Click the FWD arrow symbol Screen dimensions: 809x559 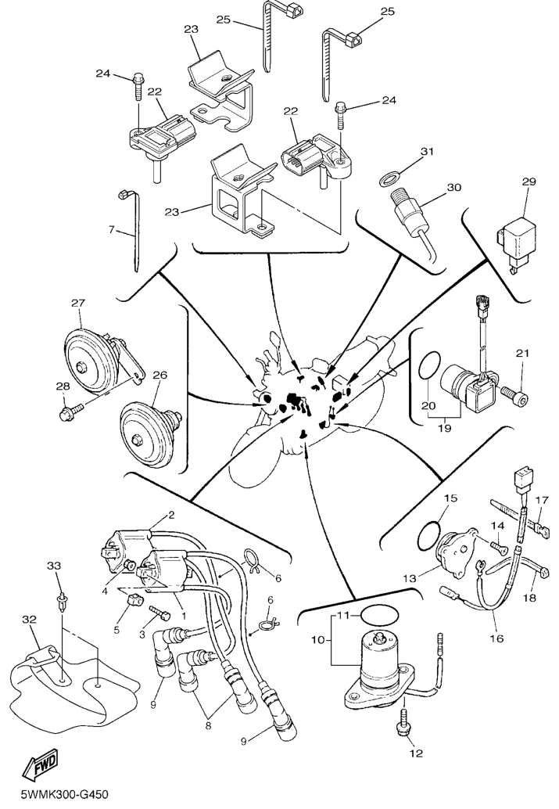click(39, 771)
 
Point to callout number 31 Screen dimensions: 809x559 click(426, 152)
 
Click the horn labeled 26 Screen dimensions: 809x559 click(145, 430)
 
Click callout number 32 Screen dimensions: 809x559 click(29, 620)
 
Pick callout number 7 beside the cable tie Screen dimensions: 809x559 click(112, 230)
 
